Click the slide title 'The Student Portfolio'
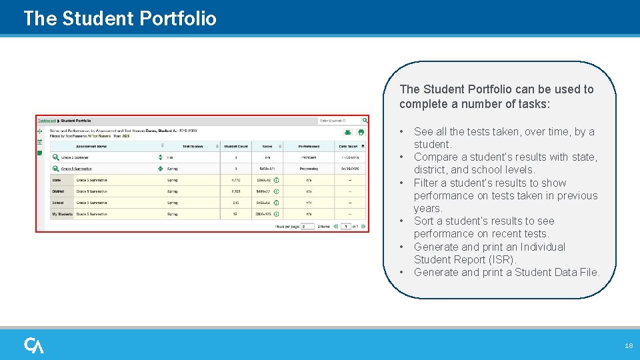coord(120,18)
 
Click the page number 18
coord(629,346)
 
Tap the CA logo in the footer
coord(34,345)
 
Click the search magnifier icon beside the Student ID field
coord(365,121)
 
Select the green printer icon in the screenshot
coord(361,133)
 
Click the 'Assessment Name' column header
coord(92,146)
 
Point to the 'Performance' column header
coord(308,146)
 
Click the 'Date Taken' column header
coord(349,146)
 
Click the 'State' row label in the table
coord(56,180)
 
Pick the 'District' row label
coord(58,191)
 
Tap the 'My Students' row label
coord(61,214)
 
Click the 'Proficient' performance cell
coord(309,157)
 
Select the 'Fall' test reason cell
coord(171,157)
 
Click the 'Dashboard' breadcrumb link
coord(47,121)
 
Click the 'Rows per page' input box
coord(307,227)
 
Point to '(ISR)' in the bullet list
coord(503,259)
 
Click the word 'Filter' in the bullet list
coord(428,183)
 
